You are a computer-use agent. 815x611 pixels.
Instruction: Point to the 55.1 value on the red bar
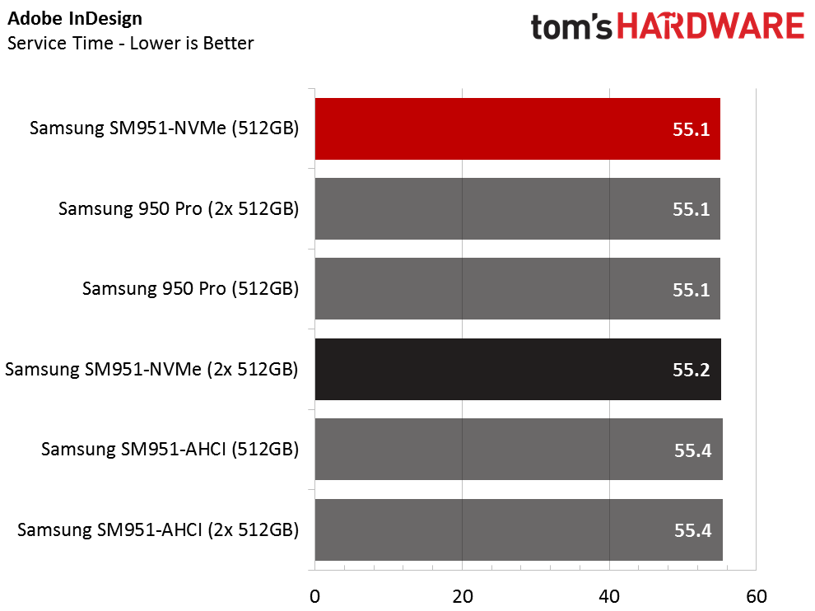tap(691, 129)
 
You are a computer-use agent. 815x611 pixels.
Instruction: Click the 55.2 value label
tap(691, 370)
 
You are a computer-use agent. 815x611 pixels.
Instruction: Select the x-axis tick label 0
tap(314, 595)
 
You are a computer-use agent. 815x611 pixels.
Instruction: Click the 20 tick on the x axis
tap(462, 595)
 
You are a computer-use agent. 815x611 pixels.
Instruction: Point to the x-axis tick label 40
tap(609, 595)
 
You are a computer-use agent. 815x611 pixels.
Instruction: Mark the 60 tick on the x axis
tap(756, 595)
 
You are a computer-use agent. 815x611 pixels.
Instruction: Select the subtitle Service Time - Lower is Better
tap(130, 43)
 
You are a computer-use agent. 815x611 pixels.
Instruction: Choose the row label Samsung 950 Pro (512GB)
tap(190, 289)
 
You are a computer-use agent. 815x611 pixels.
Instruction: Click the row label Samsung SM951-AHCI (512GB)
tap(170, 450)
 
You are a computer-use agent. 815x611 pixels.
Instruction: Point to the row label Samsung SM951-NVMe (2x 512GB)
tap(151, 370)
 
